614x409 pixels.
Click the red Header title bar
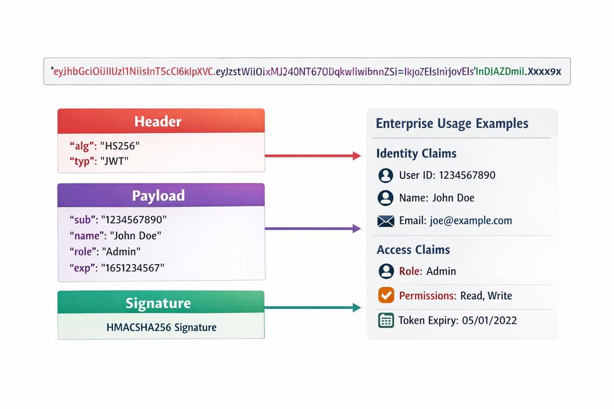point(161,121)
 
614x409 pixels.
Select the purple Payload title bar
point(161,195)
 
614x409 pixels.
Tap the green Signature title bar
point(161,303)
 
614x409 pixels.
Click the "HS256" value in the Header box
point(119,145)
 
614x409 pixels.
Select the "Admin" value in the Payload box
point(122,251)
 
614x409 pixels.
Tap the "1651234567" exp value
point(132,268)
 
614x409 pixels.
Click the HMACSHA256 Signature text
point(161,327)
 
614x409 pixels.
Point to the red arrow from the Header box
point(313,156)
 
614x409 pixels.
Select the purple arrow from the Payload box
point(313,229)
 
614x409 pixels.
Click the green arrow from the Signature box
point(313,308)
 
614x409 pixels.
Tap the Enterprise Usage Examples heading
point(452,124)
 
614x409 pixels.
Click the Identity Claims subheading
point(416,153)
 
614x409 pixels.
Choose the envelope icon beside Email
point(386,221)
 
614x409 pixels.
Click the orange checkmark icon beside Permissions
point(386,295)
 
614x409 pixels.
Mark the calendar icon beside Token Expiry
point(386,320)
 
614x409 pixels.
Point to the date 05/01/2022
point(489,320)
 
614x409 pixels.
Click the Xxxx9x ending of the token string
point(545,72)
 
